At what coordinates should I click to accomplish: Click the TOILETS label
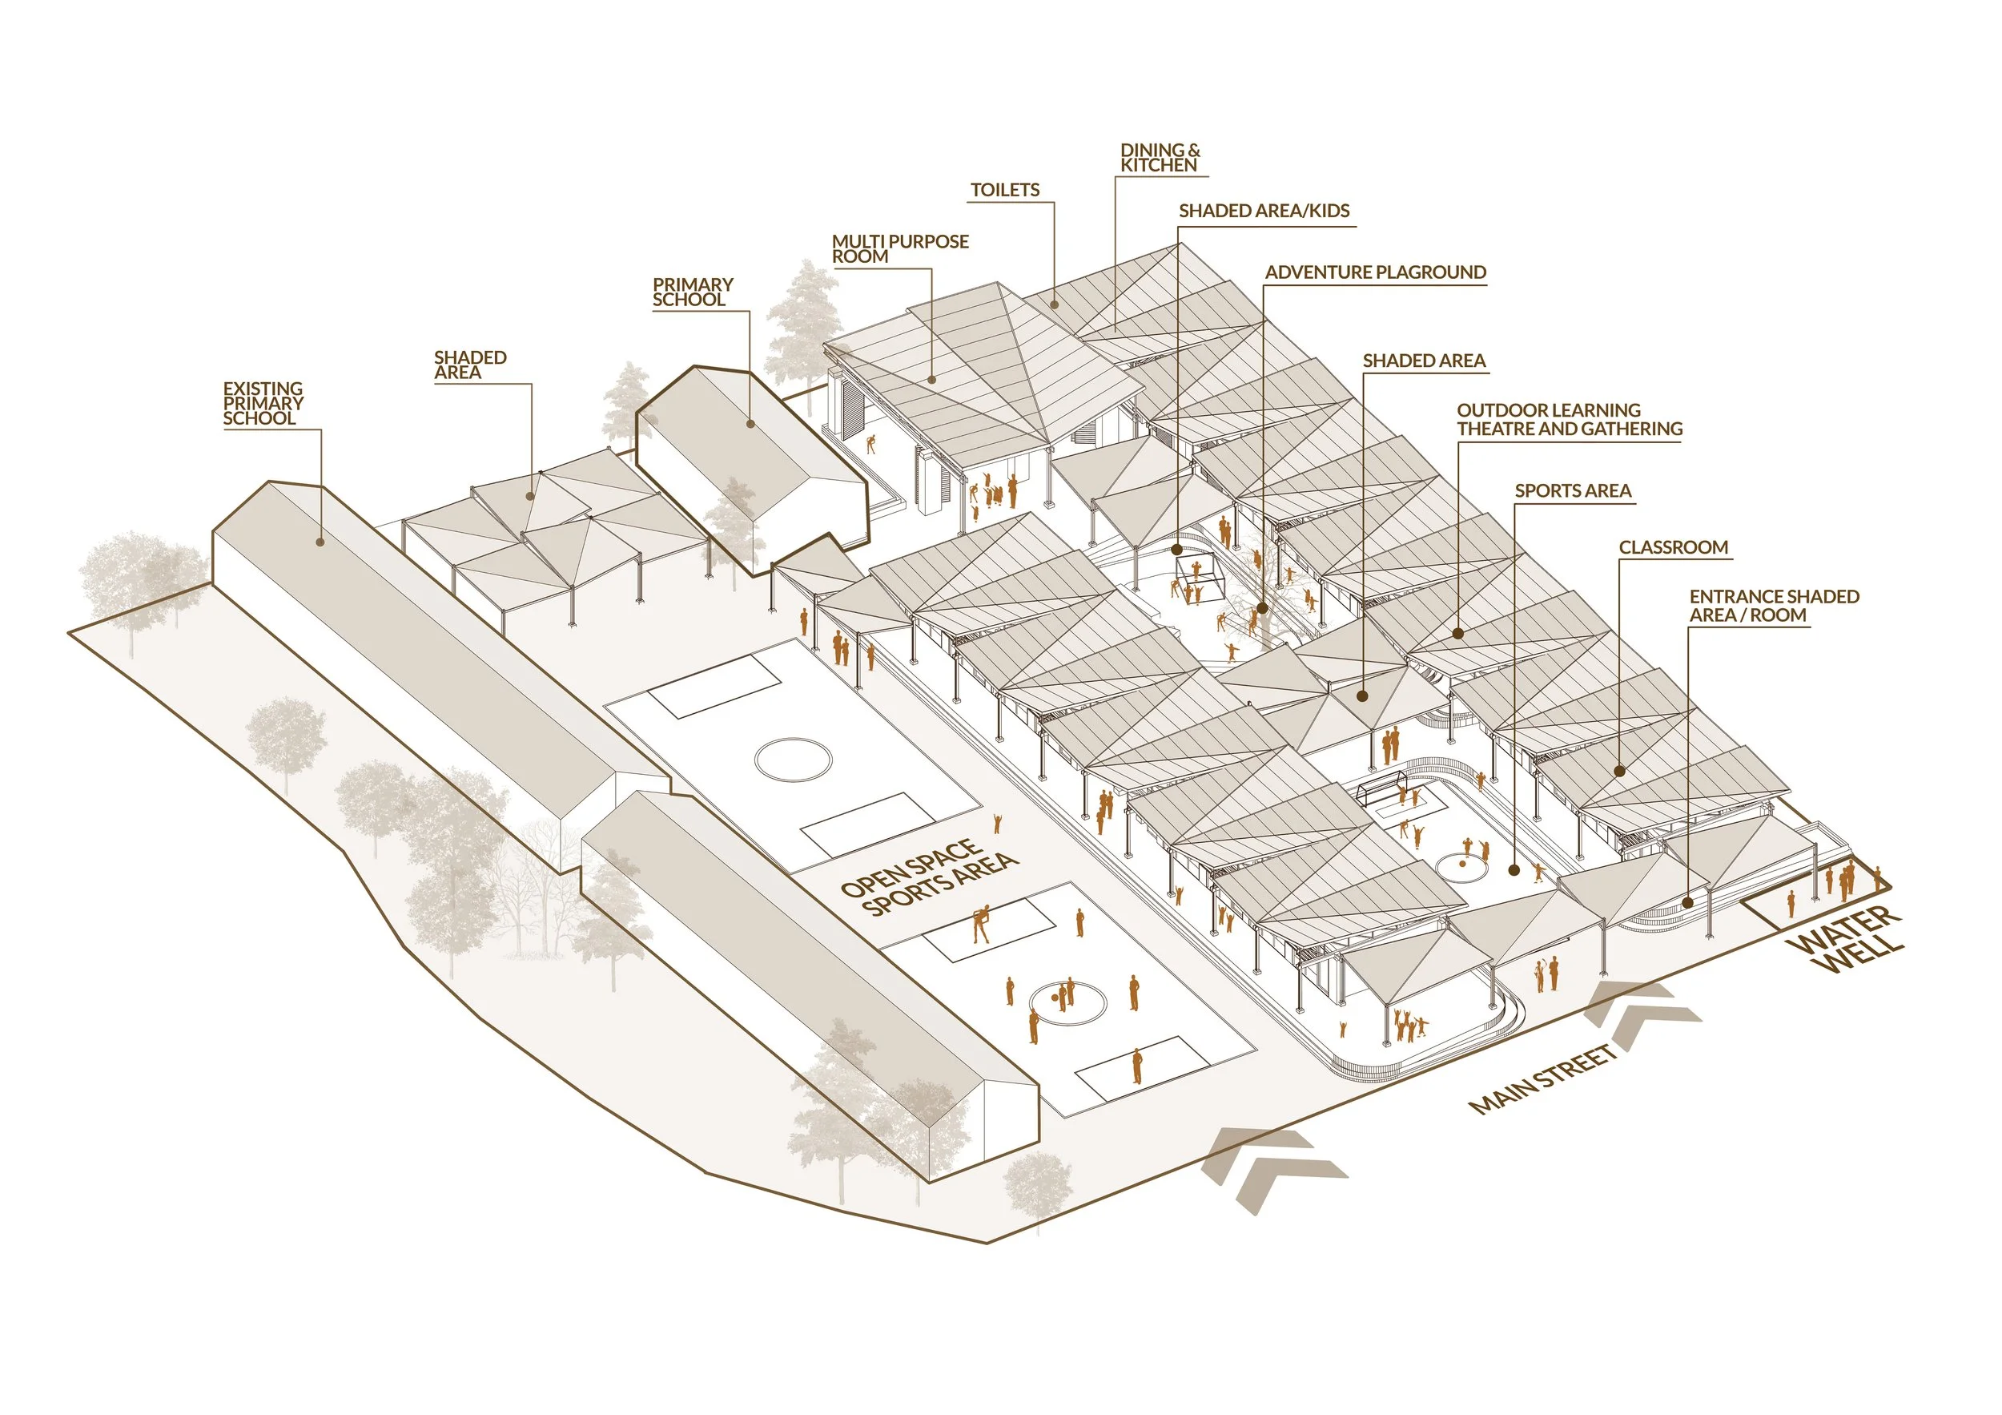coord(1004,190)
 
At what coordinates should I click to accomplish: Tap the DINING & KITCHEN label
coord(1159,158)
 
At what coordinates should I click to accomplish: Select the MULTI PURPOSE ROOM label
coord(899,248)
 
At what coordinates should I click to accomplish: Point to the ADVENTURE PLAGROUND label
coord(1375,272)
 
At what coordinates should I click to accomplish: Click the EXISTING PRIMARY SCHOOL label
coord(263,403)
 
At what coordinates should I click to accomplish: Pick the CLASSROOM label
coord(1672,547)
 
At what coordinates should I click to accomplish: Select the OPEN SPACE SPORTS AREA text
coord(928,876)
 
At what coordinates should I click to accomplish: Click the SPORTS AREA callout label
coord(1572,490)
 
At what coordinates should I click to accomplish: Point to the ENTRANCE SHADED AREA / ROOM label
coord(1774,606)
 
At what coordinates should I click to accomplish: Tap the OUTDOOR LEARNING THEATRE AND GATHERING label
coord(1569,420)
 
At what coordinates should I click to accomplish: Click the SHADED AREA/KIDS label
coord(1264,210)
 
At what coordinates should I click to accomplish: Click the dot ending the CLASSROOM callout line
coord(1619,771)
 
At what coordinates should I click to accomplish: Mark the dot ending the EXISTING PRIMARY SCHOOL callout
coord(320,542)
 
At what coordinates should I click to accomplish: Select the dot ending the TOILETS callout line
coord(1054,304)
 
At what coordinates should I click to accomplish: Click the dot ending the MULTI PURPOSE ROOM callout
coord(931,380)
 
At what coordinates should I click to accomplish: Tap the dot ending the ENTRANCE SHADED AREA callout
coord(1688,903)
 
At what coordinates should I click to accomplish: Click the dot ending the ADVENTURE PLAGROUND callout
coord(1263,608)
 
